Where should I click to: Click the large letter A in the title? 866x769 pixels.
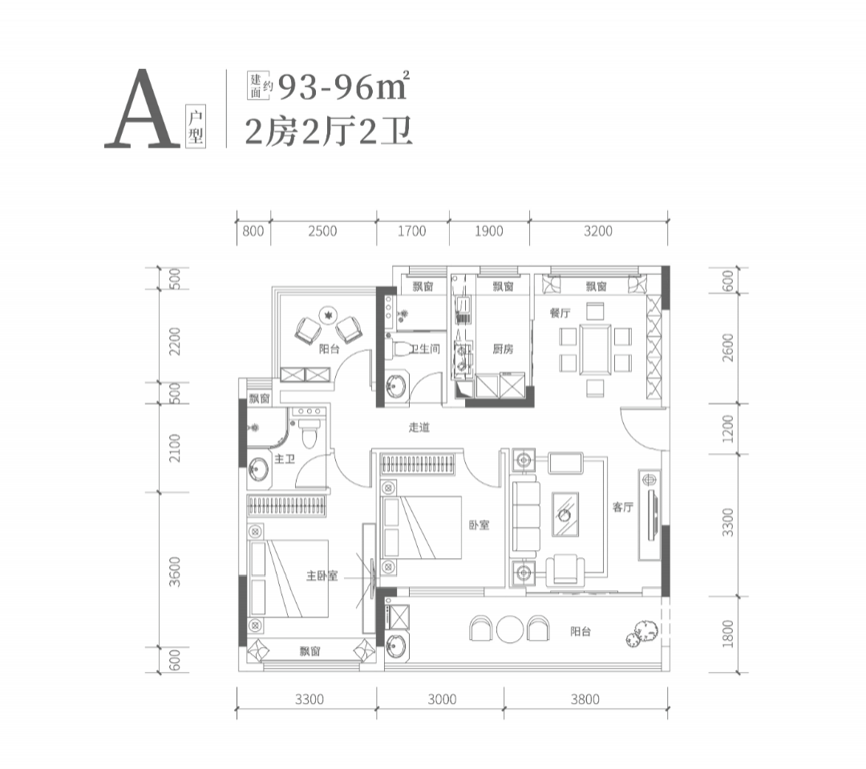tap(143, 109)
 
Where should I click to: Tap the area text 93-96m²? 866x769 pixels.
tap(343, 86)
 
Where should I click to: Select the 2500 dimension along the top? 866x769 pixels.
tap(322, 231)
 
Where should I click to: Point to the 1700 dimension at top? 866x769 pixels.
tap(412, 231)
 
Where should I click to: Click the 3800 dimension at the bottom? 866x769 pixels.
tap(585, 699)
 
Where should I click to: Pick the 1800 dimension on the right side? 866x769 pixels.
tap(728, 633)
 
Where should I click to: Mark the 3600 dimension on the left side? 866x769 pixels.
tap(175, 571)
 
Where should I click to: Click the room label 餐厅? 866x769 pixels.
tap(560, 314)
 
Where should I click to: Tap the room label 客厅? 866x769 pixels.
tap(622, 507)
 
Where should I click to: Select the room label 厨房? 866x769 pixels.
tap(503, 349)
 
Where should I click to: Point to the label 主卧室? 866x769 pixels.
tap(322, 577)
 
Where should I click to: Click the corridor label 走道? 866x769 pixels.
tap(419, 427)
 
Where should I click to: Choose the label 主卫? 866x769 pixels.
tap(285, 459)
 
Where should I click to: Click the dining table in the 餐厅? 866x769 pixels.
tap(595, 350)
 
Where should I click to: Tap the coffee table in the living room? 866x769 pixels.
tap(565, 514)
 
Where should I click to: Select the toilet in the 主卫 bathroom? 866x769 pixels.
tap(310, 433)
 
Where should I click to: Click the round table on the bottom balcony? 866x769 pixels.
tap(510, 629)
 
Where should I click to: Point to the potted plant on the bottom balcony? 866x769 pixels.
tap(642, 633)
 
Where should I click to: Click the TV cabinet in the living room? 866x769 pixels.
tap(650, 515)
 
